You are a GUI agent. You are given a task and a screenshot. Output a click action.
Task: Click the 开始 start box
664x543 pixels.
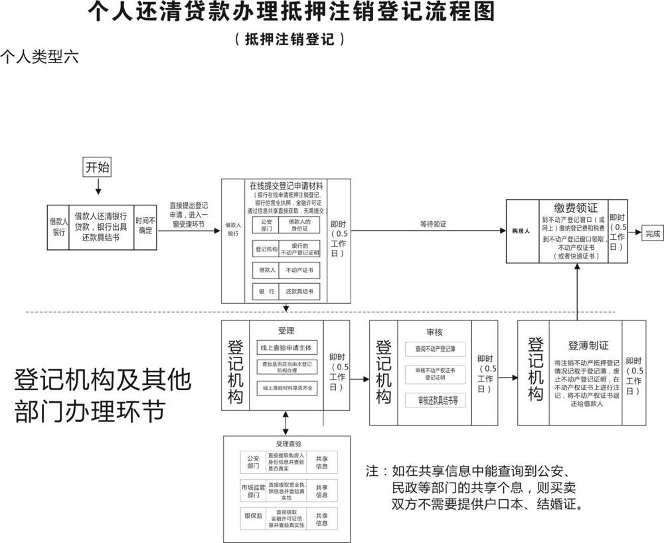[97, 167]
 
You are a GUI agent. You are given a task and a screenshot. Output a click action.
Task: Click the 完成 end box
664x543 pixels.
[652, 233]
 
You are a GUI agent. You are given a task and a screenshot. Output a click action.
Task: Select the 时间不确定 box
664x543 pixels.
[145, 226]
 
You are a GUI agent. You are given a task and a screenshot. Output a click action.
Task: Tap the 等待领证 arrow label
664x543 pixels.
[433, 224]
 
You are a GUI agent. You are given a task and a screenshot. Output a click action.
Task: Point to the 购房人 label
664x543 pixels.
[521, 232]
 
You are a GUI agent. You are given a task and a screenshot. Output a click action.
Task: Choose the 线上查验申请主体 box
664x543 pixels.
[287, 348]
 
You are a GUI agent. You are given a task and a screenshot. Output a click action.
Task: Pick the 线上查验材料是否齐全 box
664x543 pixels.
[287, 387]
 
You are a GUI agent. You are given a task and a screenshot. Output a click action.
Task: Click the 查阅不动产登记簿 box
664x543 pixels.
[435, 348]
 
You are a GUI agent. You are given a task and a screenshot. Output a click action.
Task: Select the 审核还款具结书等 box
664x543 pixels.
[435, 400]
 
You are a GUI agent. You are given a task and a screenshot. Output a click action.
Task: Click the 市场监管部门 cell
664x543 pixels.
[253, 491]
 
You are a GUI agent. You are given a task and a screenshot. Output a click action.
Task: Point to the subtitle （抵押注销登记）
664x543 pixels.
[290, 39]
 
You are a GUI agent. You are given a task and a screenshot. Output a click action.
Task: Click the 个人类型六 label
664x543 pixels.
[40, 56]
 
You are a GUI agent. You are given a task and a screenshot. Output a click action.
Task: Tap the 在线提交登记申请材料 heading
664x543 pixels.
[286, 185]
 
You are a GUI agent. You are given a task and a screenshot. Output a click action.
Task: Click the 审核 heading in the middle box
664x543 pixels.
[434, 331]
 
